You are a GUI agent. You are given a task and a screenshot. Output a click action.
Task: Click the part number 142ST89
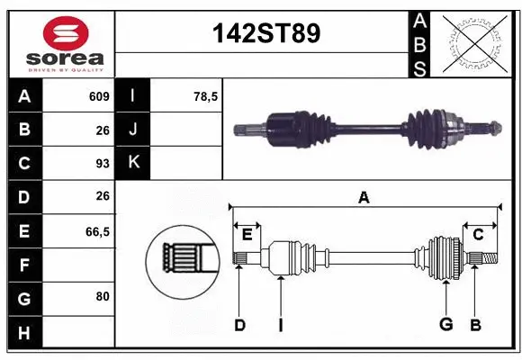pos(265,33)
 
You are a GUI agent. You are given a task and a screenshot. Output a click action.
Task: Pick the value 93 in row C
pos(102,164)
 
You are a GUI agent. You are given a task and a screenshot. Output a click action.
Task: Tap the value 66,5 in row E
pos(97,231)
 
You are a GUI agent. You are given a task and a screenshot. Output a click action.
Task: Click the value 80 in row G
pos(102,295)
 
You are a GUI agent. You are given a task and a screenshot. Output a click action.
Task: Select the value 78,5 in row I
pos(206,96)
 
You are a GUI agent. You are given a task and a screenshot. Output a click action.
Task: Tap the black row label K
pos(133,163)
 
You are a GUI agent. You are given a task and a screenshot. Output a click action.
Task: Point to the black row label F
pos(24,265)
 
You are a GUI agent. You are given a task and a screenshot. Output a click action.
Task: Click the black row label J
pos(133,130)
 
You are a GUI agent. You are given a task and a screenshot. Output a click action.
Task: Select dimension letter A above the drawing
pos(364,197)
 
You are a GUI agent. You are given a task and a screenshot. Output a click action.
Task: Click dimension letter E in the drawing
pos(247,234)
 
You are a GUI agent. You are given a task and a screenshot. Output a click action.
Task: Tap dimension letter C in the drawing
pos(479,234)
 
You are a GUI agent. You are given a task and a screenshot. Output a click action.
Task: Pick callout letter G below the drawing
pos(445,324)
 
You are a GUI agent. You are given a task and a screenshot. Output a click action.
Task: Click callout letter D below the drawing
pos(239,324)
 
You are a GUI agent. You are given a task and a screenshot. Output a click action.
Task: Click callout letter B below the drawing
pos(475,324)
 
